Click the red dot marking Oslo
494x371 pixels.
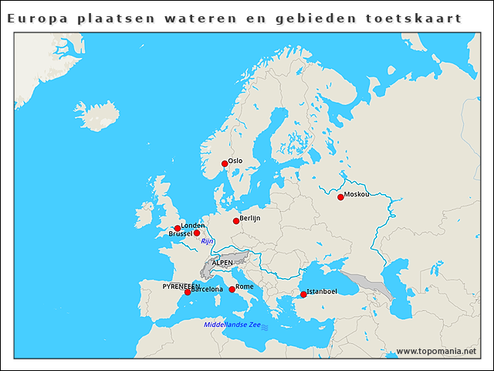[225, 163]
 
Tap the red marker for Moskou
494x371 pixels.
[340, 197]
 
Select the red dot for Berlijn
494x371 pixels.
[236, 221]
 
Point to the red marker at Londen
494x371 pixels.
[178, 228]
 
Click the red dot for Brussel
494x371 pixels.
[197, 233]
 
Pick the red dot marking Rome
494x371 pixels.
[232, 289]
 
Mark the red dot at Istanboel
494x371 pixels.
[303, 294]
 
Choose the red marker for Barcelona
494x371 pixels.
[188, 292]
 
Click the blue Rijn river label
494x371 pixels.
[207, 241]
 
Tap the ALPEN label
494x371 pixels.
[222, 263]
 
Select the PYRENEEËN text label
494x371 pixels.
[181, 286]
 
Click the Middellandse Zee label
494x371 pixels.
[232, 325]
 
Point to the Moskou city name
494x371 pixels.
[357, 194]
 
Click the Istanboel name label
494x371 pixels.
[322, 291]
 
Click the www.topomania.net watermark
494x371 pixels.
[436, 351]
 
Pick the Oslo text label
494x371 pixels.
[235, 161]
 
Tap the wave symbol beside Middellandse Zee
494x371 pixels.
[265, 328]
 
